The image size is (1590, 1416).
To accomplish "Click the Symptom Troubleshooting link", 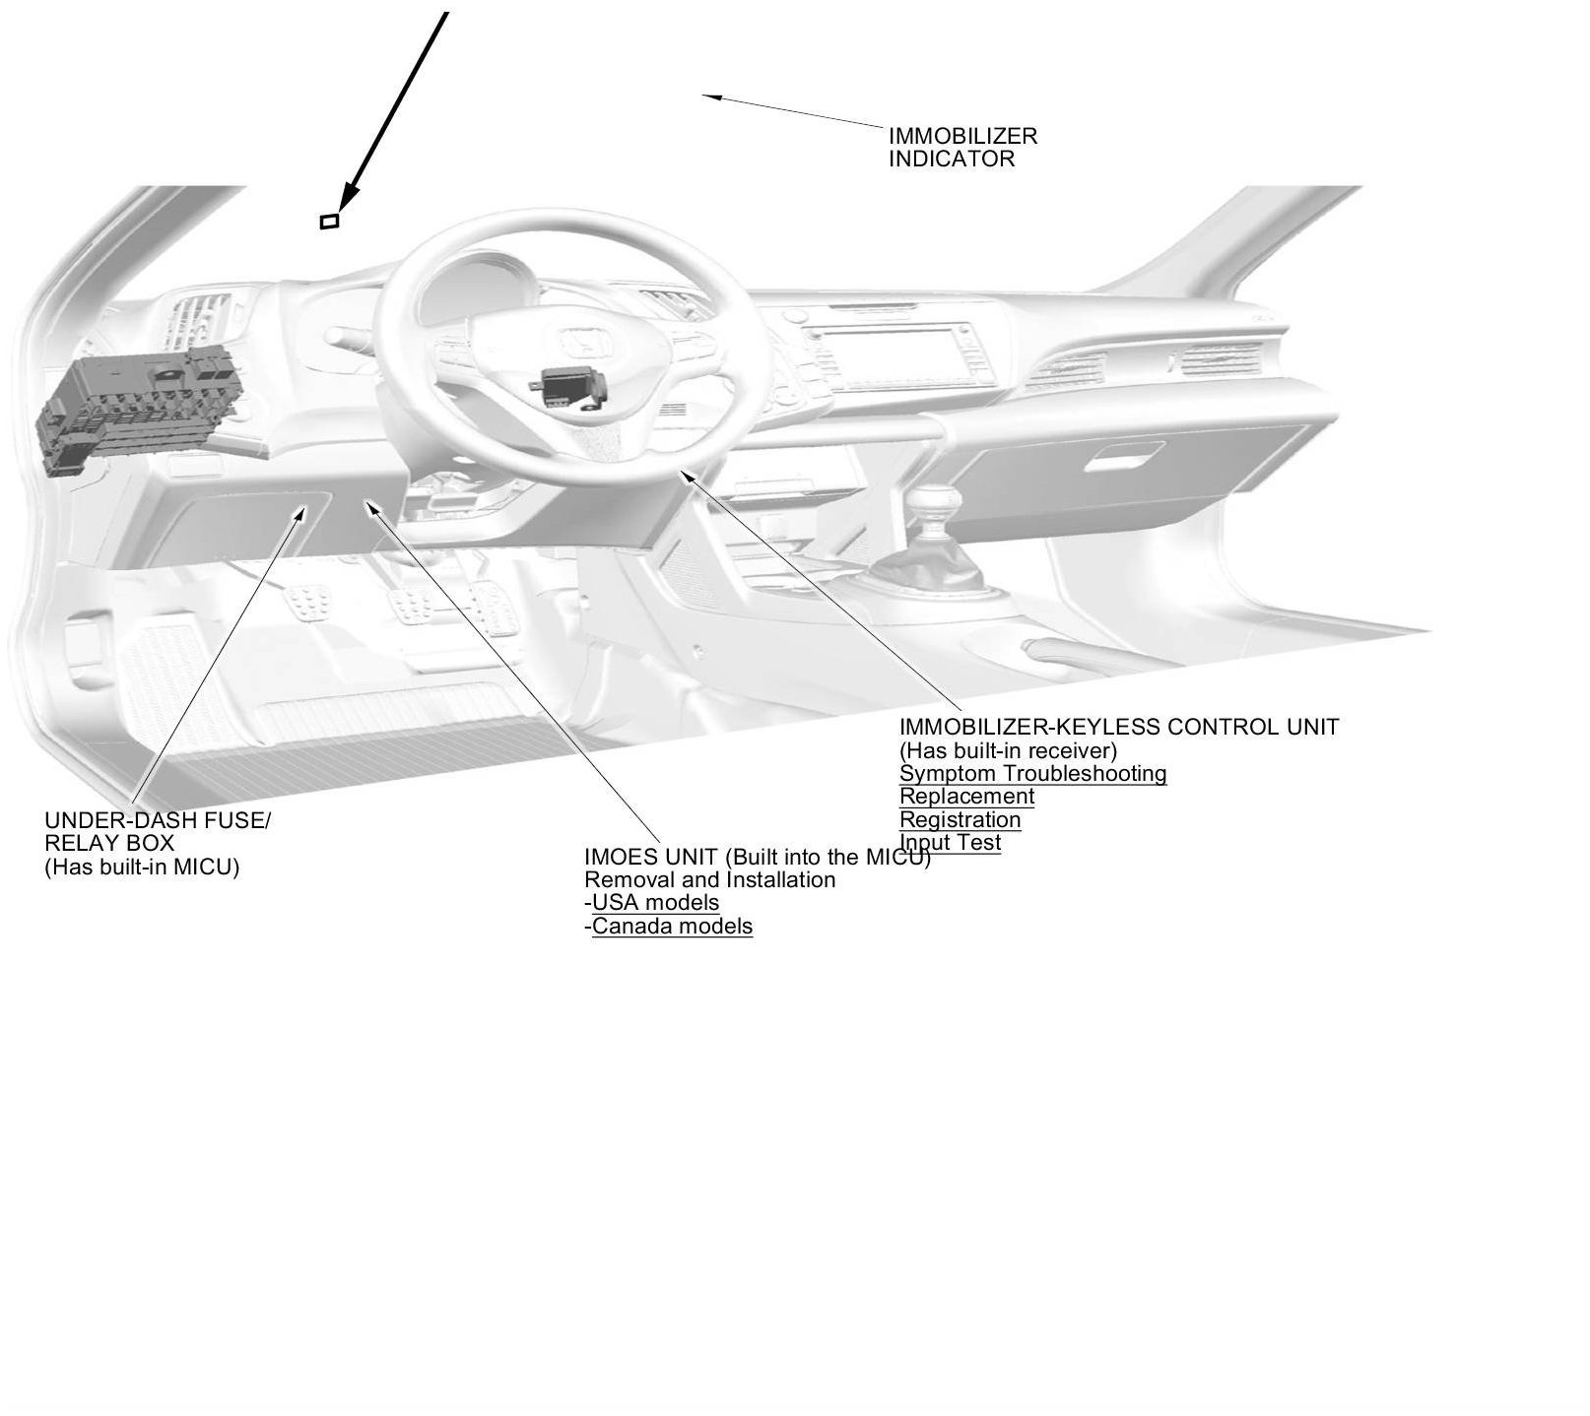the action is [1032, 774].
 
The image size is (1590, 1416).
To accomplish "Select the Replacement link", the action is [966, 797].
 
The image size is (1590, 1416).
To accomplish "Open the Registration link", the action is [960, 820].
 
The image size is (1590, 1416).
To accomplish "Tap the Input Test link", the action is [951, 843].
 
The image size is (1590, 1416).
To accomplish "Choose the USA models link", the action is [655, 903].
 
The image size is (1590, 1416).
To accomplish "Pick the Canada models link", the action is [672, 927].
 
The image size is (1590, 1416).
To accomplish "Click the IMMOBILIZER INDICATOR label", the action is [949, 148].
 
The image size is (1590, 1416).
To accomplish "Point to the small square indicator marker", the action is [330, 222].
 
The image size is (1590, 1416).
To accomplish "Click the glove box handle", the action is [1126, 460].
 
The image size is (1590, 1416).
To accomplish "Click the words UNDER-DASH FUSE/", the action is [157, 820].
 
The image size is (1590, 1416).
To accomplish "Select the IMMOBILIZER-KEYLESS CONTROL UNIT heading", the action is [1118, 728].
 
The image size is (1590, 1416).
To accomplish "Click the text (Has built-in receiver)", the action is [1008, 751].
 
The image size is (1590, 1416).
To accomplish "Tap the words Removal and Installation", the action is [709, 880].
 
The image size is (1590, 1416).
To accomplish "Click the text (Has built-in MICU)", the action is [142, 868].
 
